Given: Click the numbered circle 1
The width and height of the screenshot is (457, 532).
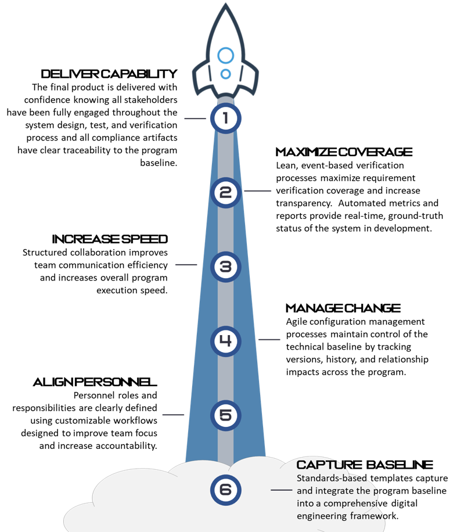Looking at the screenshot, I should click(x=225, y=118).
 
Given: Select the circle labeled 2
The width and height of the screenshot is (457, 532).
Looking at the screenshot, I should click(x=225, y=192).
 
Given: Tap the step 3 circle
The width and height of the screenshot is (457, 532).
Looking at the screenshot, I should click(x=225, y=267).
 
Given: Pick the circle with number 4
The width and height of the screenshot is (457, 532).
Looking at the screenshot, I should click(x=225, y=341).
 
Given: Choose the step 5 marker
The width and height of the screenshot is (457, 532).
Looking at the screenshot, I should click(x=225, y=415).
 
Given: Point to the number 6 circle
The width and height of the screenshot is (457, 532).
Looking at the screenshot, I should click(x=225, y=490).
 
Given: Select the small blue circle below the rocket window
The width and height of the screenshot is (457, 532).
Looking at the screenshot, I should click(x=225, y=74).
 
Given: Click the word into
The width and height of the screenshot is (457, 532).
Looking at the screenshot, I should click(x=305, y=503).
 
